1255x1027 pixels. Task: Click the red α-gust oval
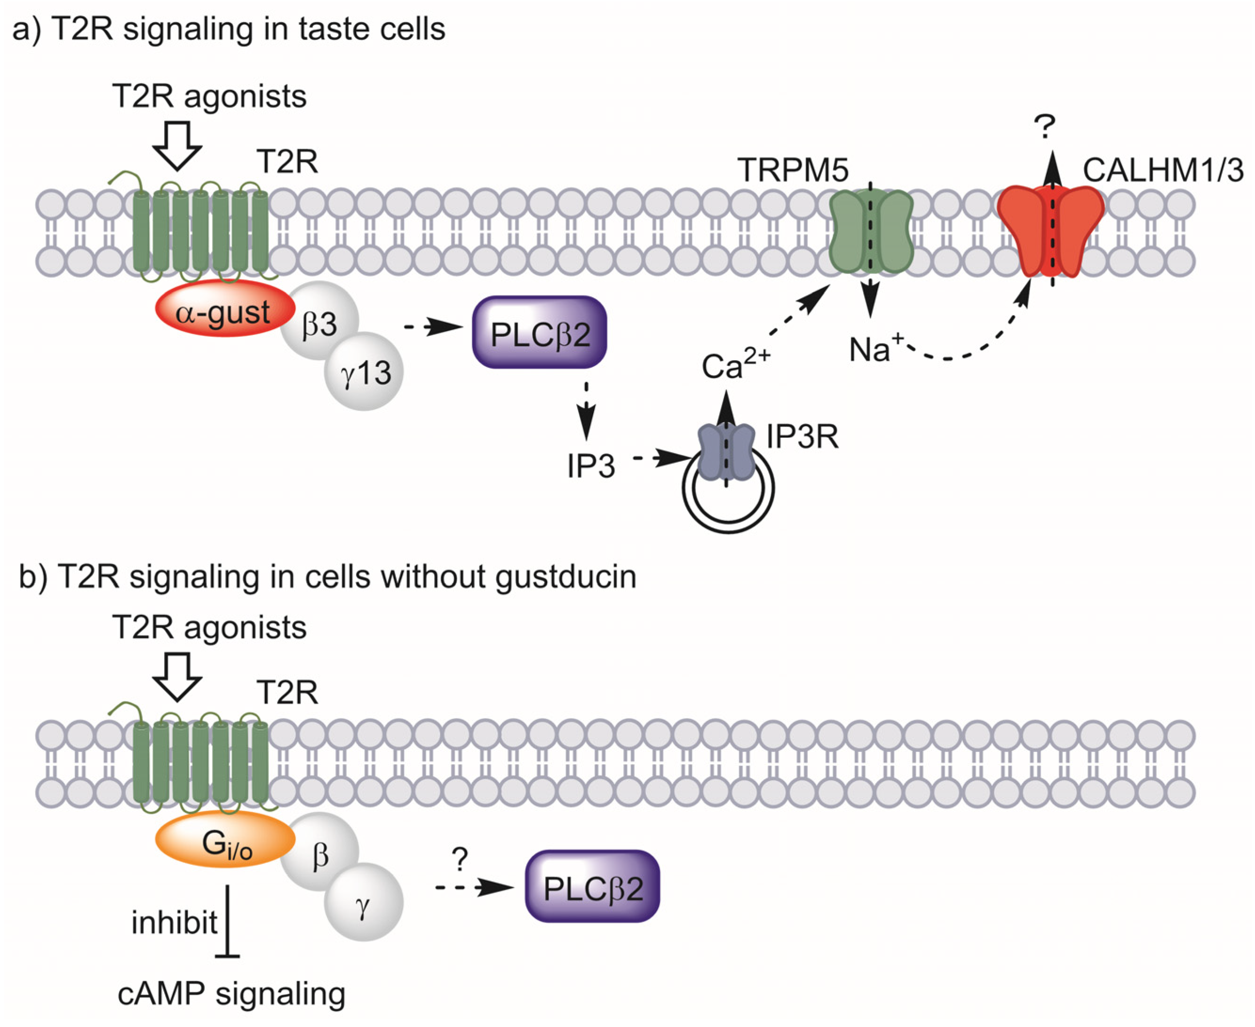point(225,310)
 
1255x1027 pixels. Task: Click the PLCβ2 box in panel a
point(539,332)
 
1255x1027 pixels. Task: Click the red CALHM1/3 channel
point(1051,231)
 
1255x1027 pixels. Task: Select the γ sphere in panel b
point(365,902)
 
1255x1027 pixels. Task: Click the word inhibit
point(174,923)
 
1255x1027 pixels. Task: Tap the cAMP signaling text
point(231,994)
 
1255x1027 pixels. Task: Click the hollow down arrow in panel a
point(177,145)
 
